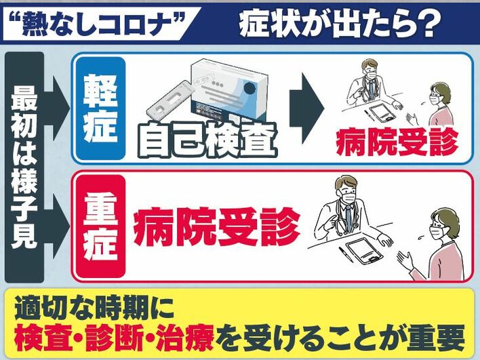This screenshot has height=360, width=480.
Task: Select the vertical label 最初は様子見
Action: pyautogui.click(x=24, y=167)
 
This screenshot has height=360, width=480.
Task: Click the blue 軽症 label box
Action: pyautogui.click(x=101, y=108)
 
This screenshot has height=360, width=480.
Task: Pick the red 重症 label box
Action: pyautogui.click(x=101, y=226)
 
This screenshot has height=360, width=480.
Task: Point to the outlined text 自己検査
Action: pyautogui.click(x=207, y=140)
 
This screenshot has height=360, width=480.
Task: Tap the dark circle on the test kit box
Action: pyautogui.click(x=249, y=88)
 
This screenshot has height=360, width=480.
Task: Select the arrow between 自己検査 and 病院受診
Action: pyautogui.click(x=306, y=108)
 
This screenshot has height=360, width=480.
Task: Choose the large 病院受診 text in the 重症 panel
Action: pyautogui.click(x=216, y=226)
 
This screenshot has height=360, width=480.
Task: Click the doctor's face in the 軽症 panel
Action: pyautogui.click(x=369, y=71)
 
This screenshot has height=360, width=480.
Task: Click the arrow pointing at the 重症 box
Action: pyautogui.click(x=58, y=226)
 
